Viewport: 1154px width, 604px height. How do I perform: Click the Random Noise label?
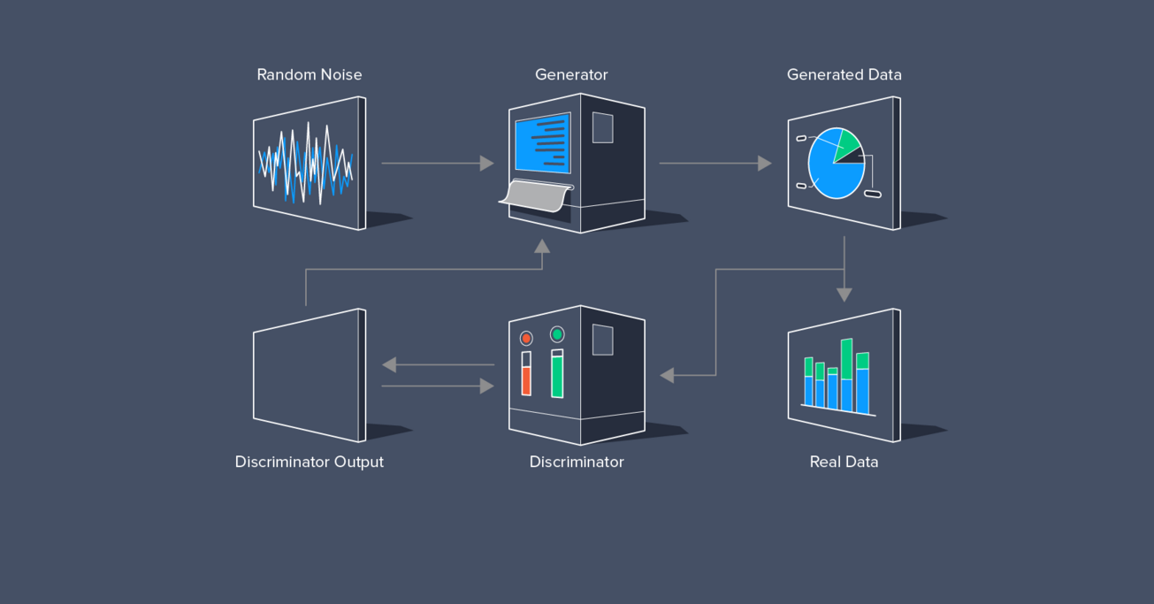309,75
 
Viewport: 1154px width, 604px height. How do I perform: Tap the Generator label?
571,75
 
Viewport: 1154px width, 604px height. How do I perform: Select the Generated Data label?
844,75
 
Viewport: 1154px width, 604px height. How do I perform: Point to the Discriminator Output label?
309,462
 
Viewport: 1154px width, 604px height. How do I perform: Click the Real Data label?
844,462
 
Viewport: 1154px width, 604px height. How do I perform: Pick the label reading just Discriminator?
577,462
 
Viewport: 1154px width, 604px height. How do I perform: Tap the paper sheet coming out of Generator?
535,196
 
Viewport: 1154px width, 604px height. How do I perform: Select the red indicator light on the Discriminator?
526,339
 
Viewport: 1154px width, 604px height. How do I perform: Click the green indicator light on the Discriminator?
557,334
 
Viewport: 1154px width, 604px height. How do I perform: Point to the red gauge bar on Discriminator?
526,379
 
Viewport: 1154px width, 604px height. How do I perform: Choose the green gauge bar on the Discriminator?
557,376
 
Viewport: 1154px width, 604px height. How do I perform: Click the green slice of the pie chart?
846,144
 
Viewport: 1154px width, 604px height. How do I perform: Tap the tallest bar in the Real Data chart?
846,375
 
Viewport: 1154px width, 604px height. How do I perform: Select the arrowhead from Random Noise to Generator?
486,164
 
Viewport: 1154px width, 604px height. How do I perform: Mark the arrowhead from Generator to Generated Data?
765,164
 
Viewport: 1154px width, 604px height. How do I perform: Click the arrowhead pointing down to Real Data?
844,294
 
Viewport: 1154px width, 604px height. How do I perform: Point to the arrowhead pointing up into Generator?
542,246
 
